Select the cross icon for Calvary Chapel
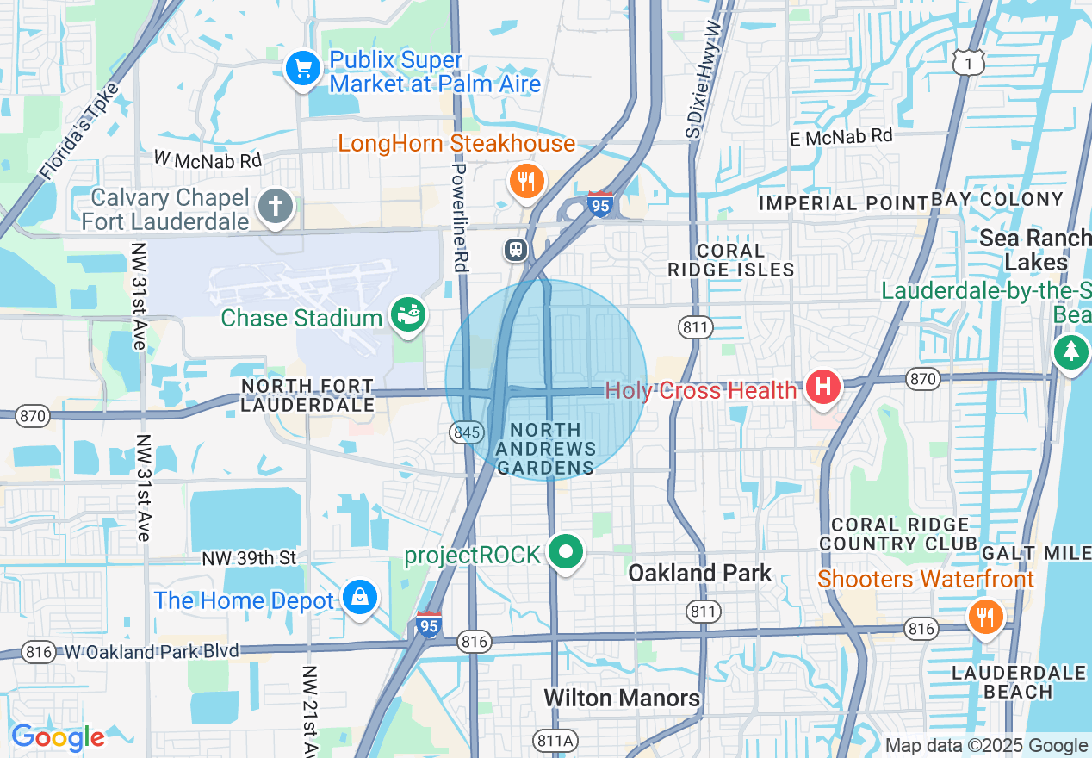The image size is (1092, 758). (276, 208)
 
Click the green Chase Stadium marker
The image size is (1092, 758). (405, 315)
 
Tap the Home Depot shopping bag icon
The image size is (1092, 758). (358, 597)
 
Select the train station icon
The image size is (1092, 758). (515, 250)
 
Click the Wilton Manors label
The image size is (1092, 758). (622, 698)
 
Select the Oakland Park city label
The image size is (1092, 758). (699, 573)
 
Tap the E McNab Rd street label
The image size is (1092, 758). (841, 136)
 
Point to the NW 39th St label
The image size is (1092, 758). (249, 559)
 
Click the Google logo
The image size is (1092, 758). (58, 738)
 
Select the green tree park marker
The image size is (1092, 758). (1070, 351)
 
